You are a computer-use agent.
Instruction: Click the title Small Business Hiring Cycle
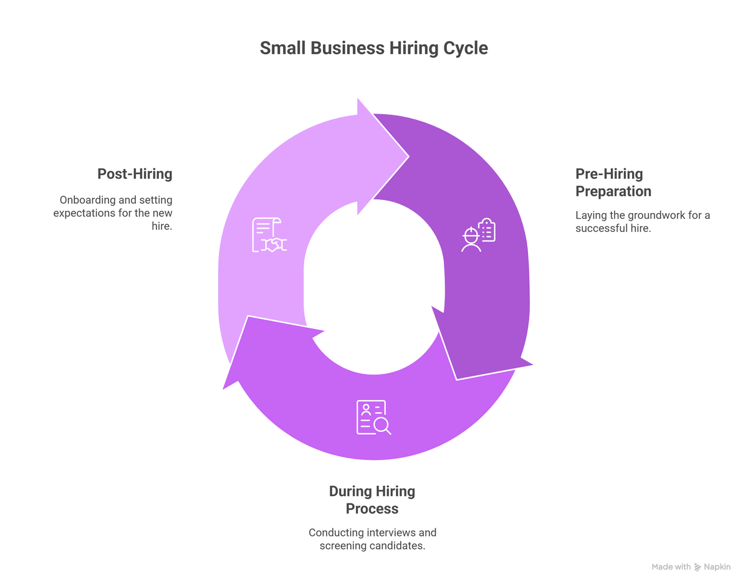[x=373, y=48]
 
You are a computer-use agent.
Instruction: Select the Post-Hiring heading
[x=135, y=174]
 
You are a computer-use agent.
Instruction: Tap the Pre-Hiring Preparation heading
[x=609, y=183]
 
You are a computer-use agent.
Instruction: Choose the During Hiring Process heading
[x=372, y=500]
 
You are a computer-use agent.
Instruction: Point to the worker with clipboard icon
[x=479, y=235]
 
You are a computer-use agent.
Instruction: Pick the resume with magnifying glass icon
[x=373, y=418]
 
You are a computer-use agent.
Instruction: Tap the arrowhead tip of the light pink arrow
[x=408, y=156]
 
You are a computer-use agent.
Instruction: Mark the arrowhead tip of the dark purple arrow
[x=457, y=378]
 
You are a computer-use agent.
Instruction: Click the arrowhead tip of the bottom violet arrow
[x=224, y=388]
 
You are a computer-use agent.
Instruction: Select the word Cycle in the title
[x=466, y=48]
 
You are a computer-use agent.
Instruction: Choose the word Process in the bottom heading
[x=372, y=509]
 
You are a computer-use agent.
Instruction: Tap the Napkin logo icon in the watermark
[x=699, y=567]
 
